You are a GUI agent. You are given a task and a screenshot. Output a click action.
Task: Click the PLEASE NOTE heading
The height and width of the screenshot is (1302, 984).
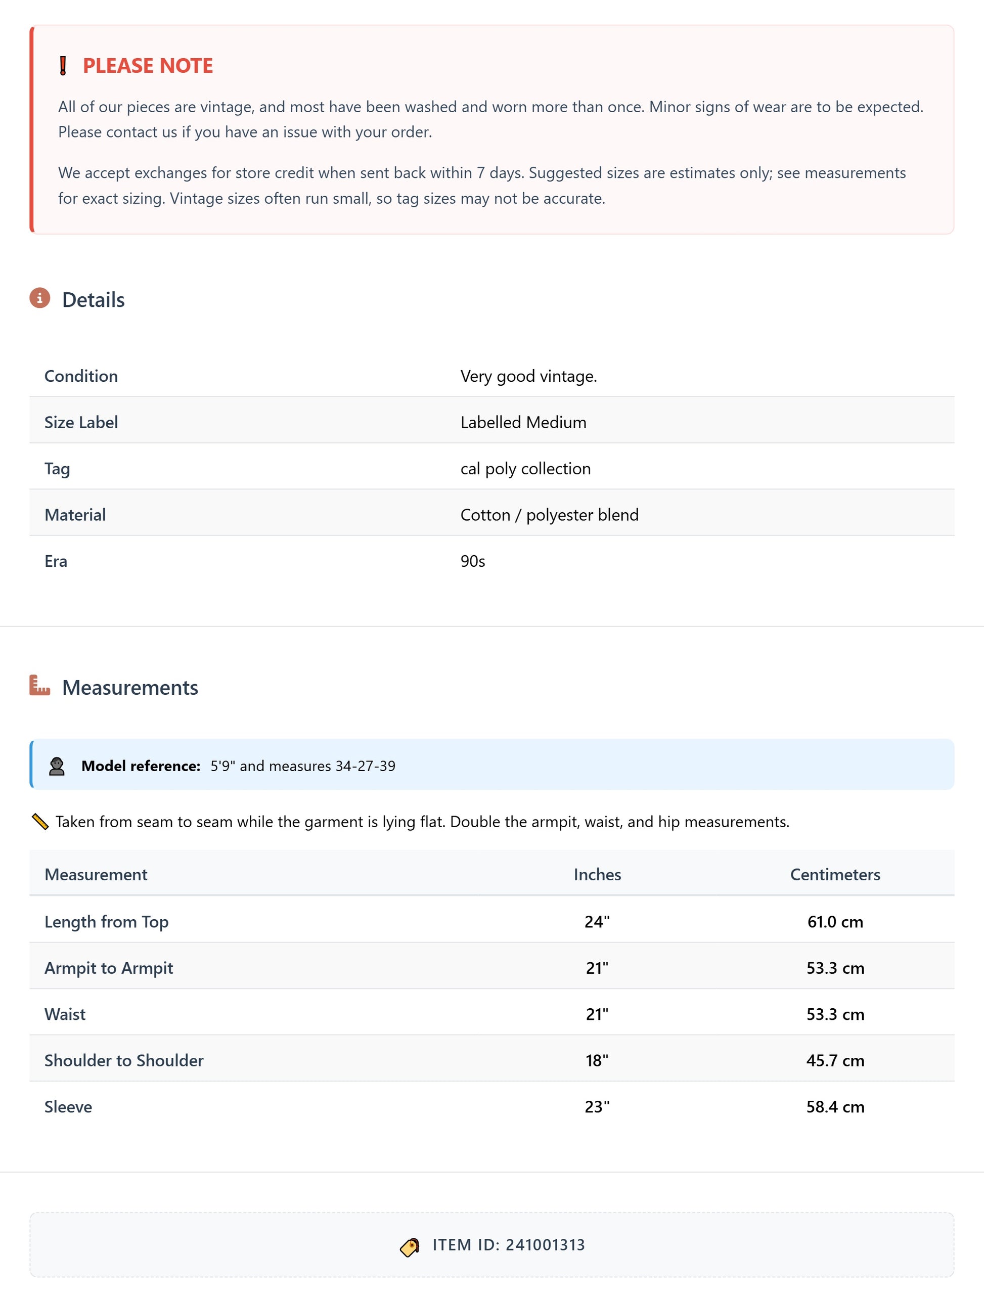pyautogui.click(x=148, y=65)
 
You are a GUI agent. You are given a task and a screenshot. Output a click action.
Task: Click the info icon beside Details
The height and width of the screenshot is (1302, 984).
pyautogui.click(x=39, y=298)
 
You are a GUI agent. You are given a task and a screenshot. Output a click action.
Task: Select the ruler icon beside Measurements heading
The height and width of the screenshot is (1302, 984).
pyautogui.click(x=39, y=686)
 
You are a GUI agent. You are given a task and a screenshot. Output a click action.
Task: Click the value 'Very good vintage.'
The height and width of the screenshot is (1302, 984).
pyautogui.click(x=528, y=376)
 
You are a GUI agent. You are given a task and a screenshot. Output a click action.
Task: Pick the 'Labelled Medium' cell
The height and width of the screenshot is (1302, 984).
pyautogui.click(x=523, y=422)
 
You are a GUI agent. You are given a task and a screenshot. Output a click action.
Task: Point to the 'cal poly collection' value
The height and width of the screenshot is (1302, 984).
pyautogui.click(x=525, y=469)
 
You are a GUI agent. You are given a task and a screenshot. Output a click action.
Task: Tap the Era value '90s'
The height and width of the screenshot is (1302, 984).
pyautogui.click(x=473, y=561)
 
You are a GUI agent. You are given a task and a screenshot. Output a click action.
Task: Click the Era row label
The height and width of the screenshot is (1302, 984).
pyautogui.click(x=56, y=561)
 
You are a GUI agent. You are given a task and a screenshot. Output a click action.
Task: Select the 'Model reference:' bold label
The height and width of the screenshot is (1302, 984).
pyautogui.click(x=141, y=766)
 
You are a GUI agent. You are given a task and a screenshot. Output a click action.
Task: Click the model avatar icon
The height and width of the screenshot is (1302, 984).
pyautogui.click(x=57, y=766)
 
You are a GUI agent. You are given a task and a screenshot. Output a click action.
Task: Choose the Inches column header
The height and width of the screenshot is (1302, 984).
pyautogui.click(x=597, y=874)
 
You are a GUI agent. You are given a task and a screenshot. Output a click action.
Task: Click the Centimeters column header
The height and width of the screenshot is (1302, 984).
pyautogui.click(x=834, y=874)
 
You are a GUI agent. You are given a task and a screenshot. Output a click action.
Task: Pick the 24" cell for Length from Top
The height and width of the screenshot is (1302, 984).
pyautogui.click(x=597, y=921)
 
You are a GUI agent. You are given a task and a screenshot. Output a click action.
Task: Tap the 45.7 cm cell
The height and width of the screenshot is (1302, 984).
pyautogui.click(x=834, y=1060)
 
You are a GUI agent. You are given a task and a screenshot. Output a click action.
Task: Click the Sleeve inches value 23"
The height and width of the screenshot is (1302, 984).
pyautogui.click(x=597, y=1107)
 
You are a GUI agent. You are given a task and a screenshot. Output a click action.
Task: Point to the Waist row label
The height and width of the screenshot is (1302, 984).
pyautogui.click(x=65, y=1014)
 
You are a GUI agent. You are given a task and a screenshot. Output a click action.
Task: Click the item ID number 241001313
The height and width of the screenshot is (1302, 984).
pyautogui.click(x=545, y=1245)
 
